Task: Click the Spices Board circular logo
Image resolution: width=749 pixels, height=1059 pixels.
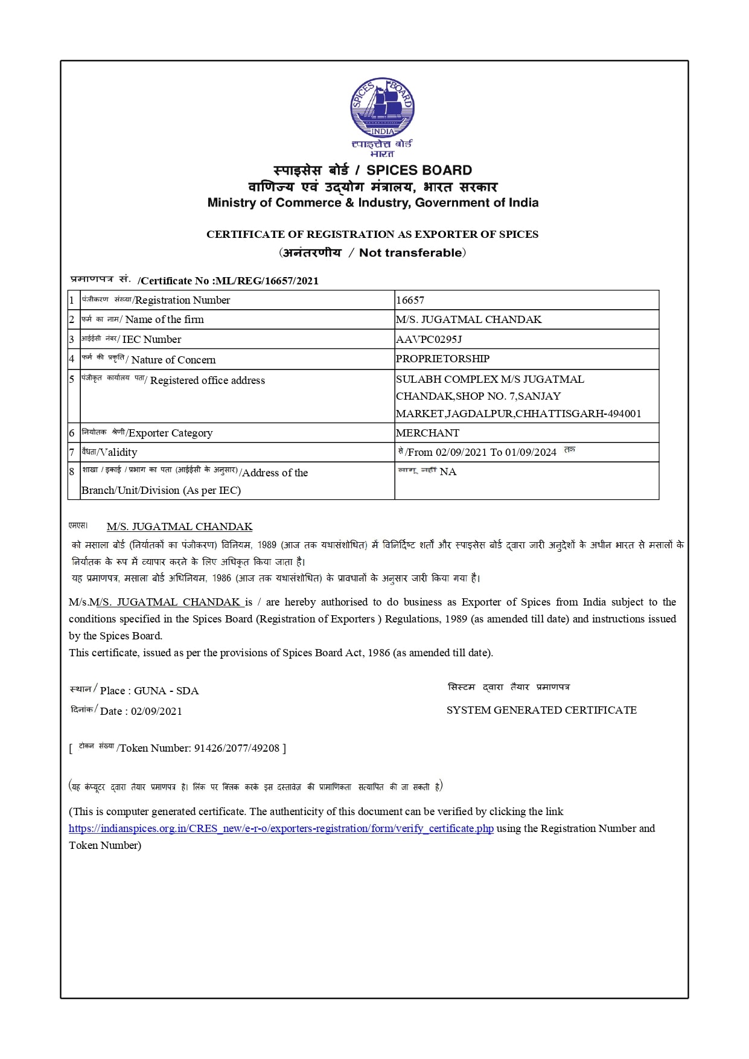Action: [x=382, y=107]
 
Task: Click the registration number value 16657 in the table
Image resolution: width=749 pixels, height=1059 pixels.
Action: [x=410, y=300]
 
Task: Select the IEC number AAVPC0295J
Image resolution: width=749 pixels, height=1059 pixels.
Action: [x=429, y=339]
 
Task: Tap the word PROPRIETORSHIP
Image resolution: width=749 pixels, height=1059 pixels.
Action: [x=442, y=359]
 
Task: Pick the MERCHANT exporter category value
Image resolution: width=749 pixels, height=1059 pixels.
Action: [x=427, y=433]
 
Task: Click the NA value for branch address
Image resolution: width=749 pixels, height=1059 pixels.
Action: [x=448, y=472]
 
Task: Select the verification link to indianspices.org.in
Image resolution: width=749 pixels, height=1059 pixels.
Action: [x=281, y=828]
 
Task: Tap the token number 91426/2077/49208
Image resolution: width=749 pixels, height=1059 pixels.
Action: [x=237, y=748]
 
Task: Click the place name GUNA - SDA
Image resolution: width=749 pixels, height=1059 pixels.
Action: [x=166, y=691]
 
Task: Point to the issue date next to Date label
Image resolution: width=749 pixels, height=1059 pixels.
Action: [x=156, y=711]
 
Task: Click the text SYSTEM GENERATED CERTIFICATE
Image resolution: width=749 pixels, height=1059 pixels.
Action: [x=541, y=710]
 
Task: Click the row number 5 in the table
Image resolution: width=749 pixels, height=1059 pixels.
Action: [x=72, y=379]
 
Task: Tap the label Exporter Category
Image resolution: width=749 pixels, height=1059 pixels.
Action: [x=170, y=433]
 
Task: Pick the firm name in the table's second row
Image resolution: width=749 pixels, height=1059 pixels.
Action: [x=468, y=319]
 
